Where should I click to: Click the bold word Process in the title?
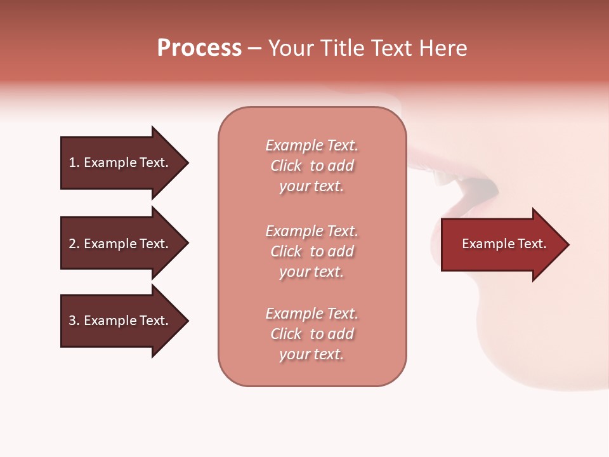click(x=199, y=48)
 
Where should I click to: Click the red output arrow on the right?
click(x=501, y=244)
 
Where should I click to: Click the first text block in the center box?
click(x=311, y=166)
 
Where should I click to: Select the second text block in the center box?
click(x=311, y=251)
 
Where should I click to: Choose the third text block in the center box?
click(x=311, y=334)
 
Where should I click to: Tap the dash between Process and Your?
click(x=254, y=49)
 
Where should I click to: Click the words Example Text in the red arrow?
click(x=504, y=244)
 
